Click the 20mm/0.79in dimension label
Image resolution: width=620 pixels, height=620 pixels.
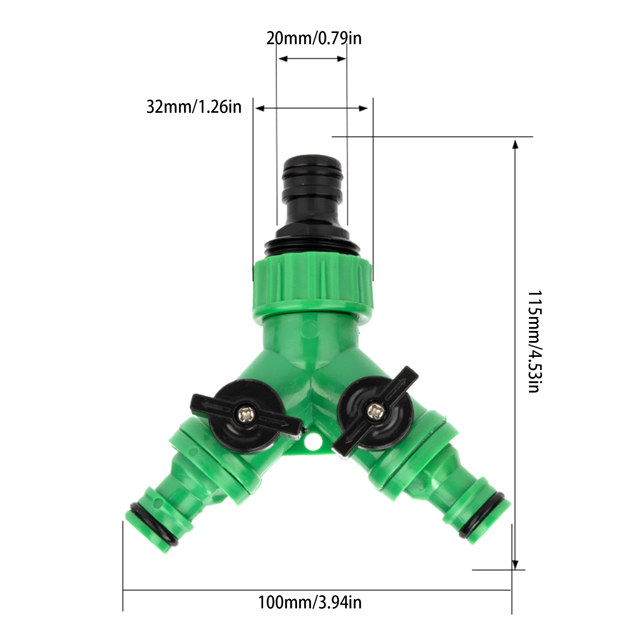tap(314, 38)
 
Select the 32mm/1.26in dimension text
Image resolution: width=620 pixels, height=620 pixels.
tap(194, 107)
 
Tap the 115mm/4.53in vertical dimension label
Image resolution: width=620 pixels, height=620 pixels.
tap(535, 341)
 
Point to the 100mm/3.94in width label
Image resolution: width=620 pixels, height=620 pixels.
tap(310, 603)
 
